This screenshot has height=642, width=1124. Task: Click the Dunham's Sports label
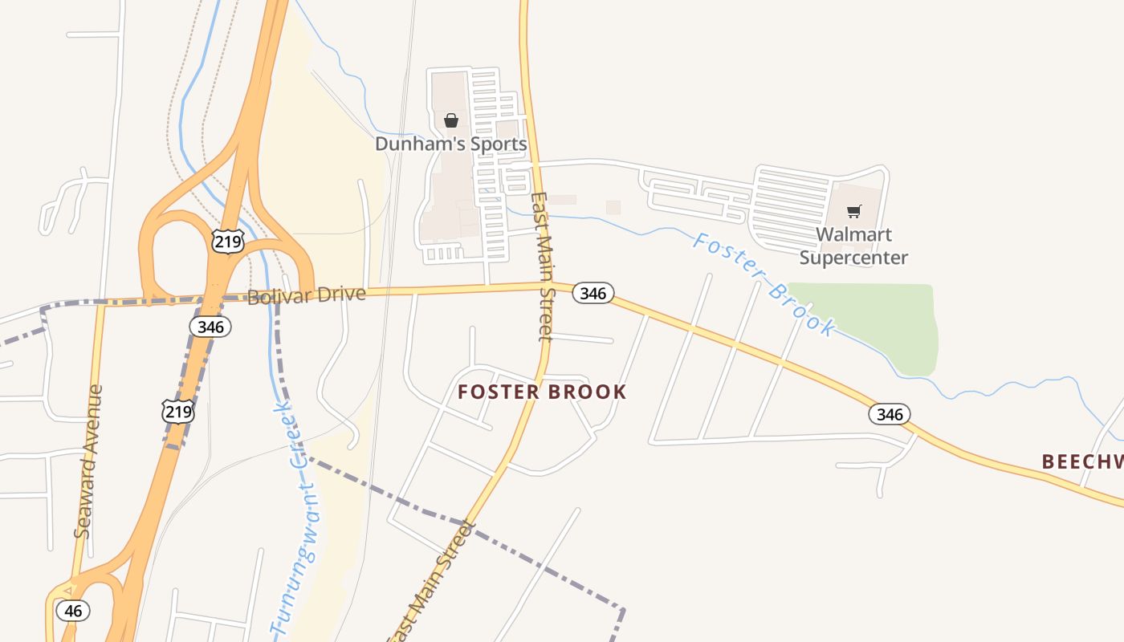(451, 144)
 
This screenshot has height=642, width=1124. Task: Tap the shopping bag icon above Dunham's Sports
(451, 120)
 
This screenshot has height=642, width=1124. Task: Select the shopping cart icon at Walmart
(853, 212)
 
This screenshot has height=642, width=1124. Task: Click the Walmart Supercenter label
(853, 246)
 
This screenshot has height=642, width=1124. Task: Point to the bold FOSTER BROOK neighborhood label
(542, 392)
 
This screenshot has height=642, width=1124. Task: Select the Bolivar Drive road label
(307, 295)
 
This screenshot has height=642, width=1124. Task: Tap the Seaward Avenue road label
(88, 461)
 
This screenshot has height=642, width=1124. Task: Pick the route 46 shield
(73, 611)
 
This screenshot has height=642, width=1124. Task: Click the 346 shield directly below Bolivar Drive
(210, 327)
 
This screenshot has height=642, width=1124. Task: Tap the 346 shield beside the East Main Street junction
(593, 294)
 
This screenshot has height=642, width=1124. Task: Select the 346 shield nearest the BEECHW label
(890, 414)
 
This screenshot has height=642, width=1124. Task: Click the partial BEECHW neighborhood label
(1082, 461)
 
